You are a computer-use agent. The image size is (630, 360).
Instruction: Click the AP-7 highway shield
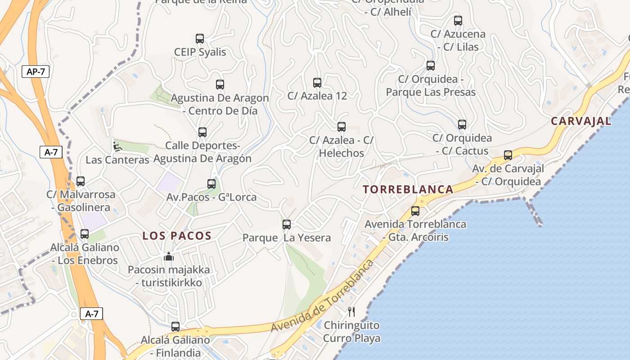coord(36,72)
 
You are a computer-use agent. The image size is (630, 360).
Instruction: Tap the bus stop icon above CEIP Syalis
coord(200,39)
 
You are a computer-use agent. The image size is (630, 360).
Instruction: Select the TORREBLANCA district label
coord(408,189)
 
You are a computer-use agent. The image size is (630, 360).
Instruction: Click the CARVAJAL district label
coord(581,121)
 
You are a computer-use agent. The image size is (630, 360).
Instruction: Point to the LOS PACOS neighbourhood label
coord(177,236)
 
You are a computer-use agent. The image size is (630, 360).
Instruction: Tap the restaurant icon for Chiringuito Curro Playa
coord(351,311)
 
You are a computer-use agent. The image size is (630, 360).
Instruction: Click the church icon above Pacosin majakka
coord(169,256)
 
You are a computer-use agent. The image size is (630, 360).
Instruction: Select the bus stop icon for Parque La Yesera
coord(287,224)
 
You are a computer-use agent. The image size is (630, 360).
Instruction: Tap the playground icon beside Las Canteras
coord(117,145)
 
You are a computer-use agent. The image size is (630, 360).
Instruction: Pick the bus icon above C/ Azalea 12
coord(317,82)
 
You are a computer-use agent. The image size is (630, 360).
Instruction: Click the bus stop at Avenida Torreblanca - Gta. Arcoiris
coord(415,211)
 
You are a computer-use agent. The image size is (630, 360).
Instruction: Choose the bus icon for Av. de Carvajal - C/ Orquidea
coord(508,155)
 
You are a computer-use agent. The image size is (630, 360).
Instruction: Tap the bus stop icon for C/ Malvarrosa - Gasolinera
coord(81,181)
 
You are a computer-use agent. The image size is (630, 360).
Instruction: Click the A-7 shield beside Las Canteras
coord(51,152)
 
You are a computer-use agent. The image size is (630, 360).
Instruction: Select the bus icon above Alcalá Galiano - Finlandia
coord(175,326)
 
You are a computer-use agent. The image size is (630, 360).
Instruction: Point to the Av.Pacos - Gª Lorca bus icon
coord(211,184)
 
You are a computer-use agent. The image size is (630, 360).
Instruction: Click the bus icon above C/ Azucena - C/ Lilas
coord(458,21)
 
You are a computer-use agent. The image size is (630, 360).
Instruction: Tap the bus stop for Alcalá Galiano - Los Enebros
coord(85,234)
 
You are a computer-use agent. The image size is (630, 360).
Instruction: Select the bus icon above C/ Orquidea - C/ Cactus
coord(462,125)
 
